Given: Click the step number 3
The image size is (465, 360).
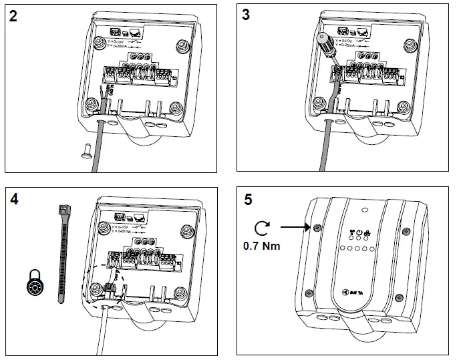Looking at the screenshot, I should click(x=246, y=15).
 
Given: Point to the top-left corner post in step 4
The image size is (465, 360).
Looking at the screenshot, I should click(x=104, y=228).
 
